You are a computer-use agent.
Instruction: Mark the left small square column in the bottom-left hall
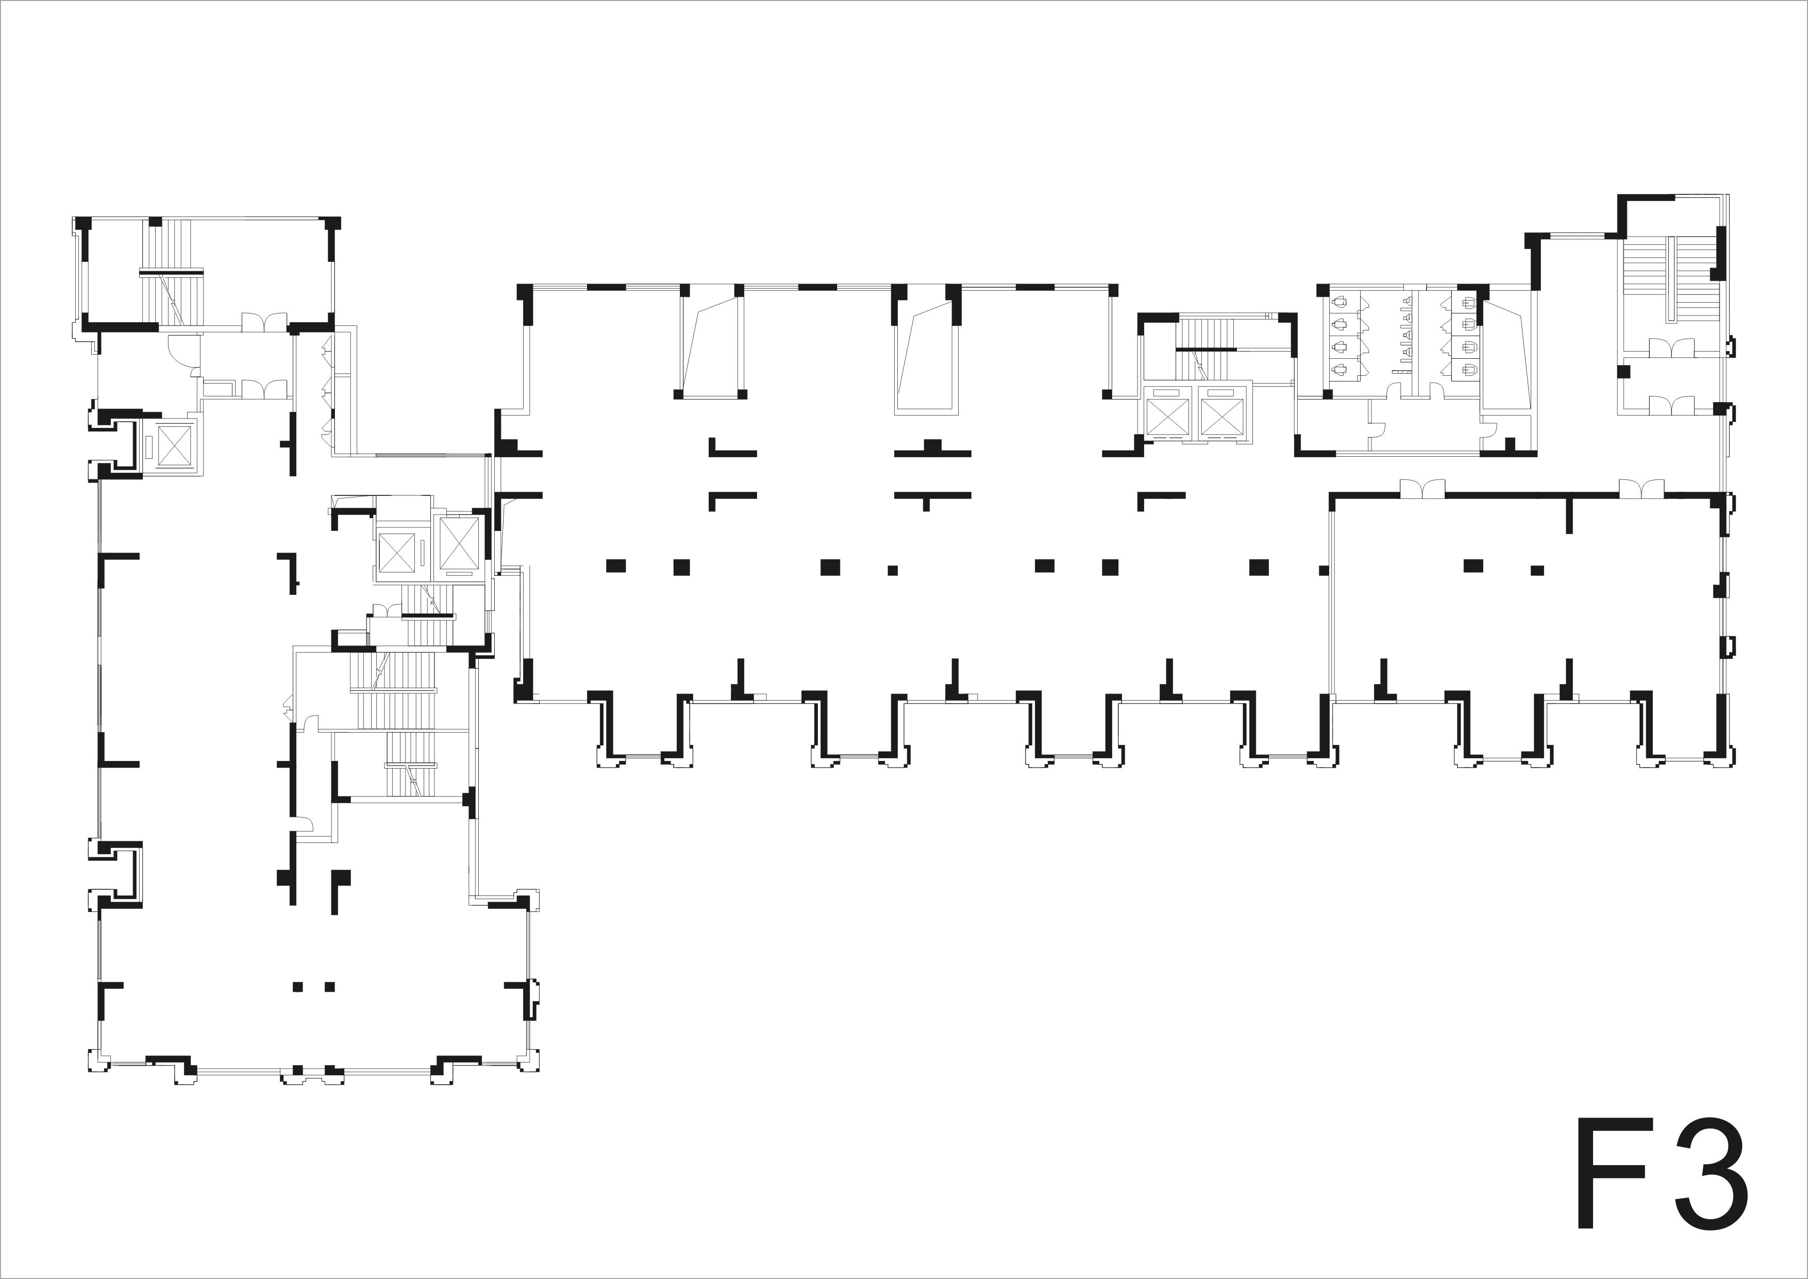pyautogui.click(x=298, y=986)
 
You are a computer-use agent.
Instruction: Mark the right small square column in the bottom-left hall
pyautogui.click(x=329, y=986)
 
